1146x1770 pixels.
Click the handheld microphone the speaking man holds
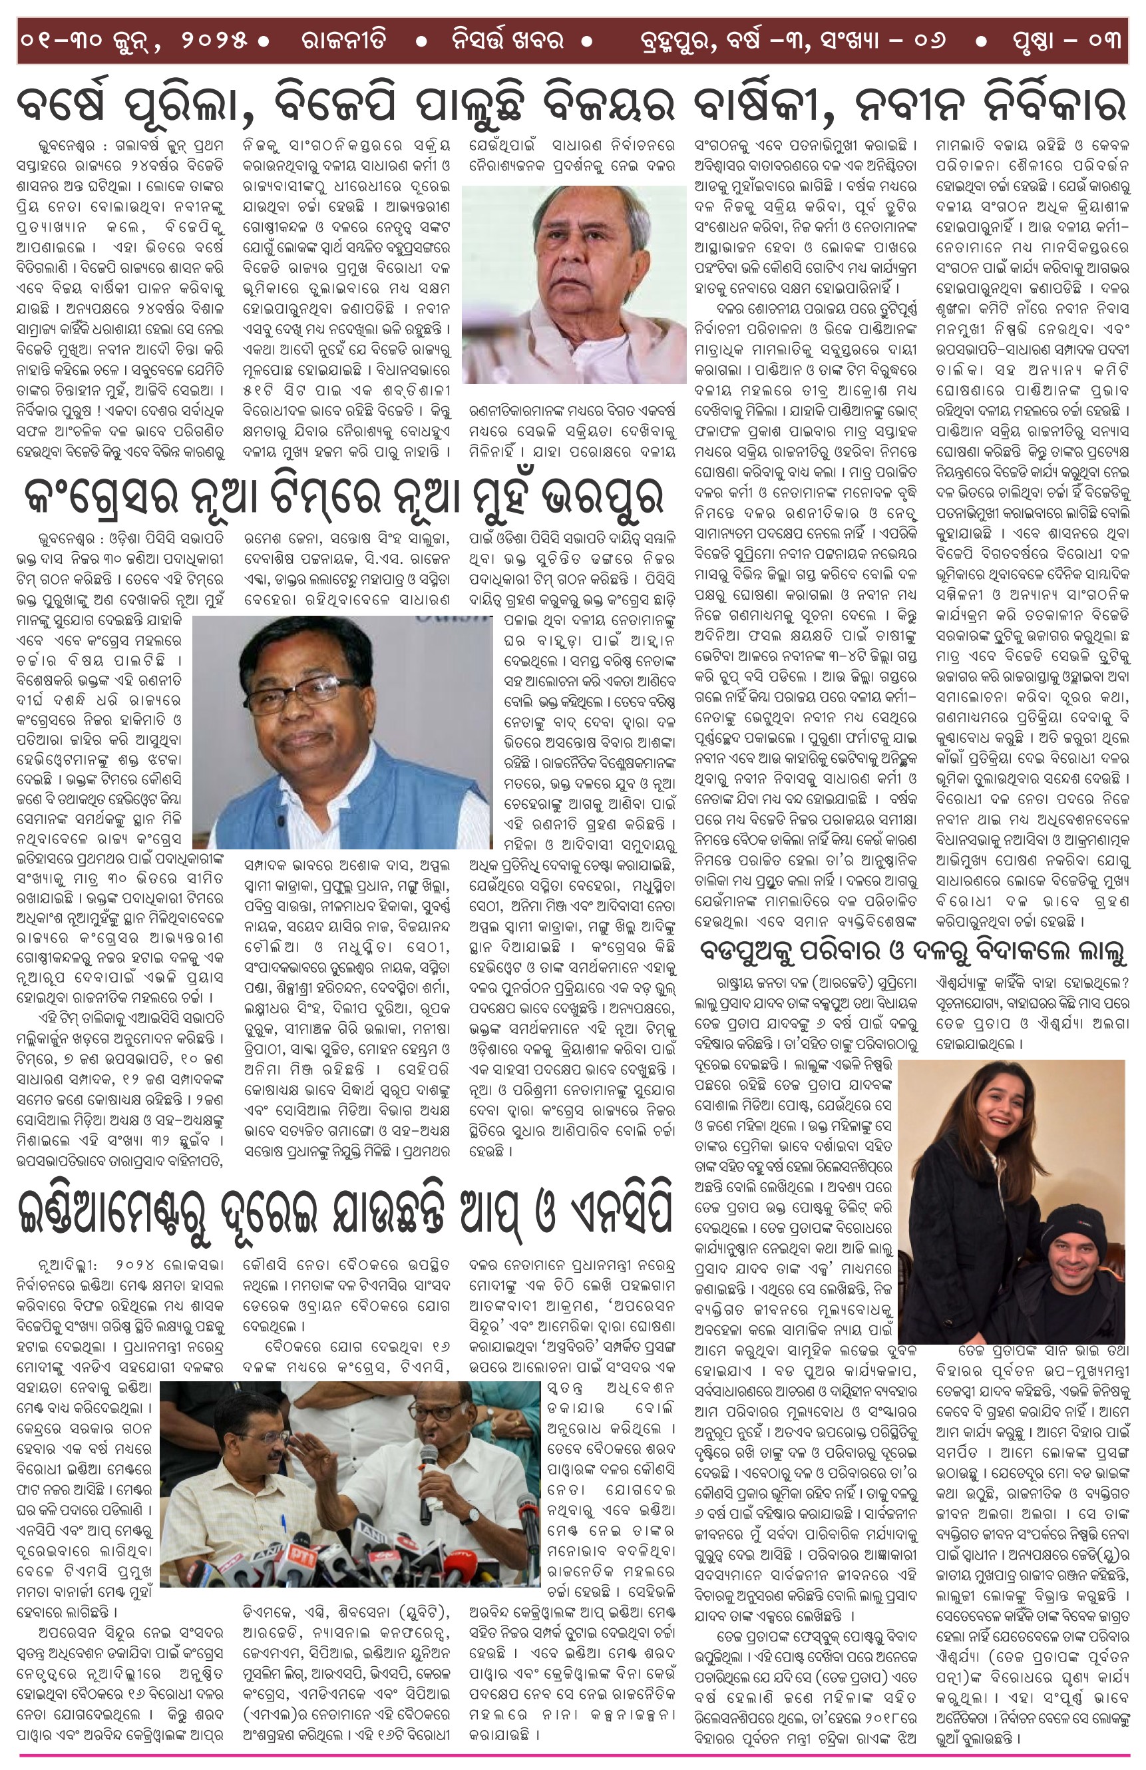(x=429, y=1480)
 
